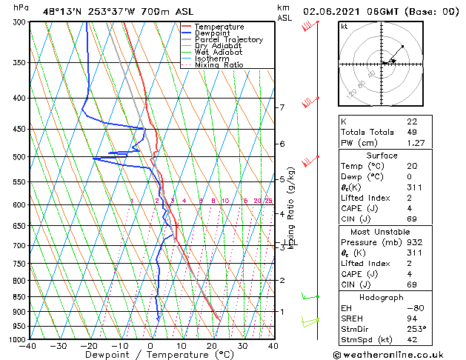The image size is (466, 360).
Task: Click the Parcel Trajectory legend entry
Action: (228, 40)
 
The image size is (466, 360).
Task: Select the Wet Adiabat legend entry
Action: (219, 53)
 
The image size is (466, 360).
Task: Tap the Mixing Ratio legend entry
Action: (219, 65)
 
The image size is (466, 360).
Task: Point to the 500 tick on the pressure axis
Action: (17, 157)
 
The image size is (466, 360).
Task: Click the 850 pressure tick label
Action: (17, 297)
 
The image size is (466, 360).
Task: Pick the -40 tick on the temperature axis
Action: (29, 346)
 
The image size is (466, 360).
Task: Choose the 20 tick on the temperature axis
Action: (212, 346)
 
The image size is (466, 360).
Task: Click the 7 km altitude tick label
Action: (282, 107)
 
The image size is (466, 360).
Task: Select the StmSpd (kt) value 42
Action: (412, 340)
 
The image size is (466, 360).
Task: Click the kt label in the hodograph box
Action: (344, 26)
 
